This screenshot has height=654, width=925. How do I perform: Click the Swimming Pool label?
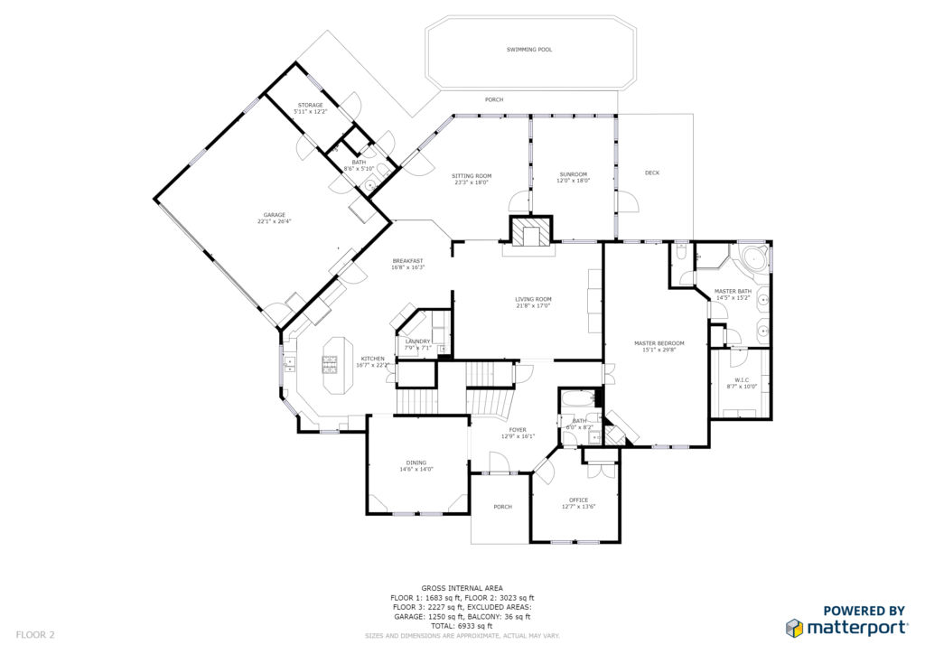pyautogui.click(x=529, y=50)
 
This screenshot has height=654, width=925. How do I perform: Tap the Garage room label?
pyautogui.click(x=275, y=215)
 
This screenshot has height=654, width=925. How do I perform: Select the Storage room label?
pyautogui.click(x=311, y=105)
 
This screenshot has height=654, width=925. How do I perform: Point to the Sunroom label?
pyautogui.click(x=574, y=174)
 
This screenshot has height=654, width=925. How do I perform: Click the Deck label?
pyautogui.click(x=652, y=173)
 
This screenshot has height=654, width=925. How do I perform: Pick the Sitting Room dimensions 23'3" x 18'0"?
pyautogui.click(x=472, y=182)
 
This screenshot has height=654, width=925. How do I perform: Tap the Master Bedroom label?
pyautogui.click(x=659, y=343)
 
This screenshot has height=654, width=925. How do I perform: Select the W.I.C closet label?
pyautogui.click(x=742, y=379)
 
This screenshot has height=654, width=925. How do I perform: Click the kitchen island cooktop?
pyautogui.click(x=330, y=364)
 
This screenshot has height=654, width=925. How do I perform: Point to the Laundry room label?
pyautogui.click(x=417, y=341)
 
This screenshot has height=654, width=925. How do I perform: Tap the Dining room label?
pyautogui.click(x=416, y=462)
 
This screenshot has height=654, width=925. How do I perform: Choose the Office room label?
pyautogui.click(x=579, y=500)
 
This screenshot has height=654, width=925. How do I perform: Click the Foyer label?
pyautogui.click(x=518, y=430)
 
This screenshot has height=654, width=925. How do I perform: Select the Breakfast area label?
pyautogui.click(x=407, y=261)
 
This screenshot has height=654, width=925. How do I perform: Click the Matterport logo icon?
pyautogui.click(x=795, y=628)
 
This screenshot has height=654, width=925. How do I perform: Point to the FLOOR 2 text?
pyautogui.click(x=35, y=635)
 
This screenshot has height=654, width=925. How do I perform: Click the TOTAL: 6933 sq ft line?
pyautogui.click(x=462, y=626)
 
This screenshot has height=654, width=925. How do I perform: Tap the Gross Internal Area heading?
pyautogui.click(x=462, y=588)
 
